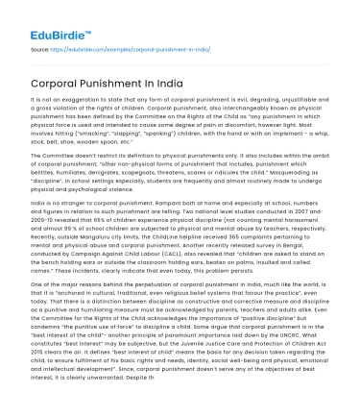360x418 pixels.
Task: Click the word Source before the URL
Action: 41,45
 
